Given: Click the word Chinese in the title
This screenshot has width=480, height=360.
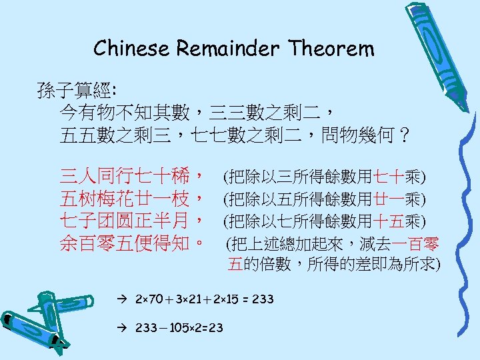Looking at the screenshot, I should pos(132,49).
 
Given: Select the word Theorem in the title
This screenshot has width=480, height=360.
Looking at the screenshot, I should pos(332,49).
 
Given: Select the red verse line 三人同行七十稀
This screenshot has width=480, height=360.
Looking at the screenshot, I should pos(132,177).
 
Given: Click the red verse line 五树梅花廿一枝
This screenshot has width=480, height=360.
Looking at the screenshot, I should pos(132,199).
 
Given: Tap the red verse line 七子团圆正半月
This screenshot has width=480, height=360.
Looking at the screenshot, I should pos(132,220).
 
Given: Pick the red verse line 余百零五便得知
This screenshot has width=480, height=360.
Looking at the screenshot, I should pos(132,242).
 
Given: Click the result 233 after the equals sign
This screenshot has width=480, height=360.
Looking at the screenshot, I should pos(263,298).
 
